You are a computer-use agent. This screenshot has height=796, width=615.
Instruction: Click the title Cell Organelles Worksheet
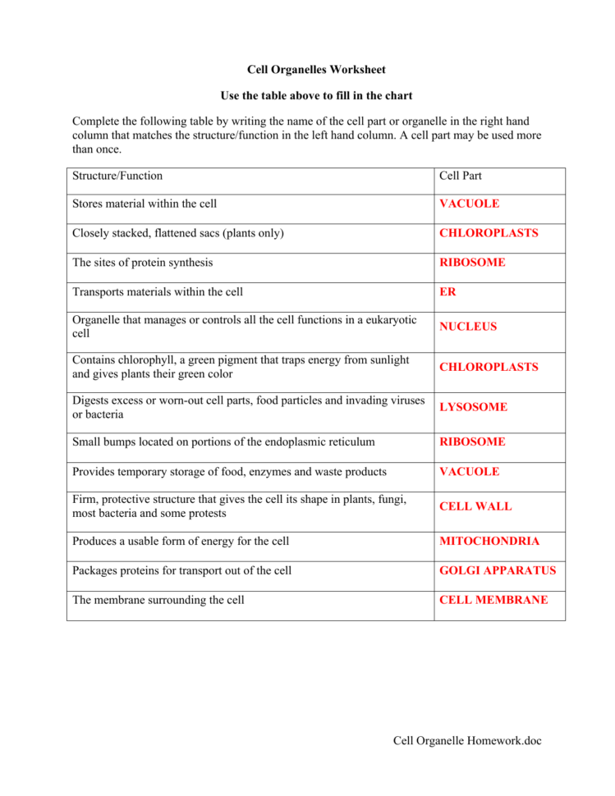click(x=316, y=70)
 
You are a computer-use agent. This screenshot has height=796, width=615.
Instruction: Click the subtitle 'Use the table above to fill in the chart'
click(x=316, y=96)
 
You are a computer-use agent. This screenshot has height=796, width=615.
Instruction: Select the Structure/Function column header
click(x=117, y=176)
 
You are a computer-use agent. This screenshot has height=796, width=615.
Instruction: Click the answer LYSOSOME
click(x=473, y=407)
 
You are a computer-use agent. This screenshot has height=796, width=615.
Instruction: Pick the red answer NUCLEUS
click(x=468, y=327)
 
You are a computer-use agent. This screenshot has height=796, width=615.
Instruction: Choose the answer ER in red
click(x=447, y=292)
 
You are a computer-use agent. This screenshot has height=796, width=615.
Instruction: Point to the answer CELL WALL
click(x=475, y=506)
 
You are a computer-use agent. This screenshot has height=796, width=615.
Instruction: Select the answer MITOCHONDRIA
click(x=489, y=542)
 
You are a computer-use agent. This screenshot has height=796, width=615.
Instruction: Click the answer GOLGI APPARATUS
click(x=498, y=571)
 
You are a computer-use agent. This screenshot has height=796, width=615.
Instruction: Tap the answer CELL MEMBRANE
click(x=493, y=601)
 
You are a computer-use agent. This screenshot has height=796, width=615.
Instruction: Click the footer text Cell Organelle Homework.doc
click(x=467, y=742)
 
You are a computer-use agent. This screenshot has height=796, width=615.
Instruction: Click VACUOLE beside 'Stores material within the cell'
click(x=469, y=204)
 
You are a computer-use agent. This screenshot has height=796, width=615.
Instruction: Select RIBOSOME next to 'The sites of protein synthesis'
click(x=472, y=263)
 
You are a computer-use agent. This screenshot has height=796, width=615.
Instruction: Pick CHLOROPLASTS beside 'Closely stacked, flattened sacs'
click(x=489, y=233)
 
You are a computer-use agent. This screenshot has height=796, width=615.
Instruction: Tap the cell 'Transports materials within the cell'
click(x=158, y=292)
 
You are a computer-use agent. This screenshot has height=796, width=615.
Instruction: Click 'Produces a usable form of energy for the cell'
click(x=181, y=542)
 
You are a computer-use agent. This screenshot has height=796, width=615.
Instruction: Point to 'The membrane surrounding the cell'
click(x=158, y=601)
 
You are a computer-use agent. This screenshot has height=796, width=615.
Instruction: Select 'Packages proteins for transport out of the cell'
click(x=181, y=571)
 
